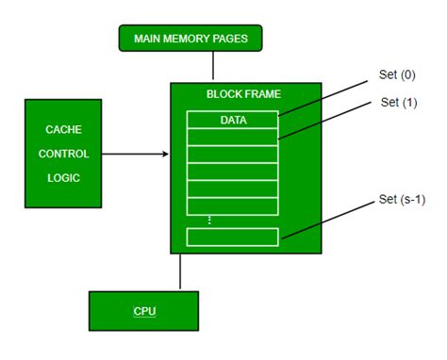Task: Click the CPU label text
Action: (143, 309)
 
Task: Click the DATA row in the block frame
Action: (232, 120)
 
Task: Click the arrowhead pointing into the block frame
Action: (165, 153)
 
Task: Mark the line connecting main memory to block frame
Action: (214, 66)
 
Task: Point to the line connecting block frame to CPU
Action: (179, 271)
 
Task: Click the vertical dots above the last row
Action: (232, 221)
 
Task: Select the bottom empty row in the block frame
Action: (232, 237)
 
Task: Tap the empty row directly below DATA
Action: (232, 137)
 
